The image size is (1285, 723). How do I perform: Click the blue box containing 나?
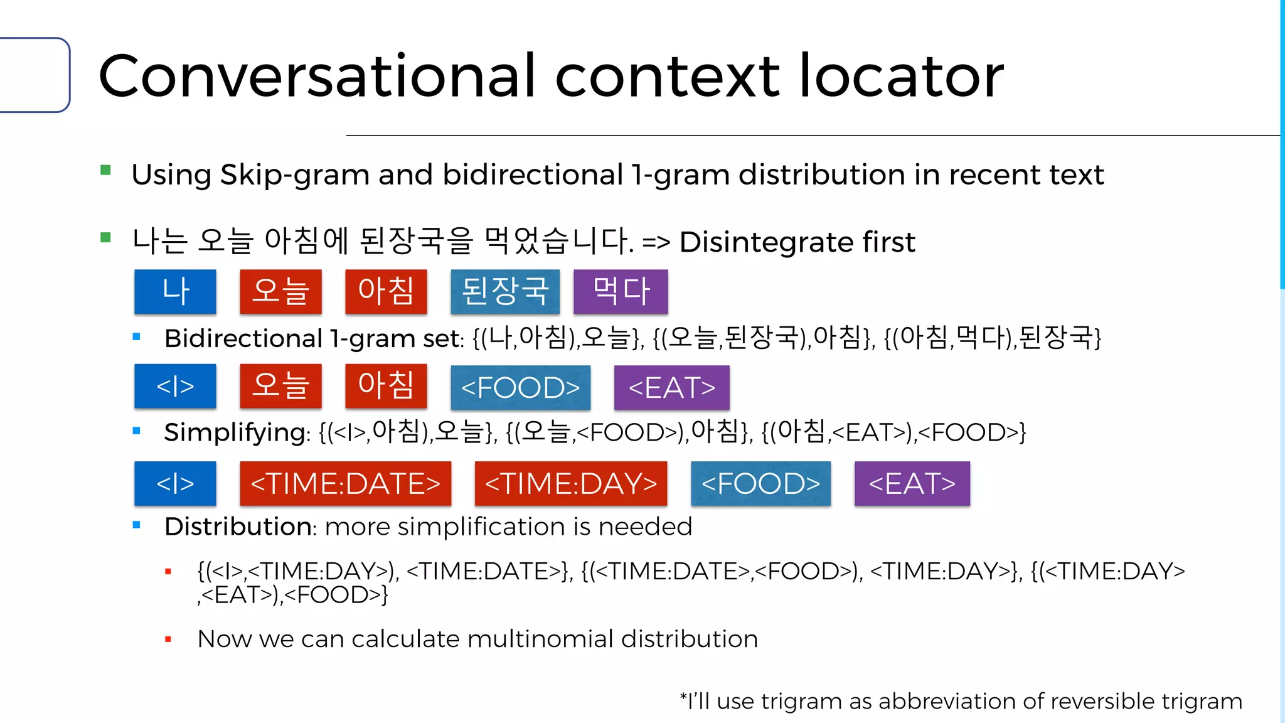coord(175,292)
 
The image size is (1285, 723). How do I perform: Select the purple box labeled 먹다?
coord(621,292)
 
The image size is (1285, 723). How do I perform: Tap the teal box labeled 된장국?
coord(505,292)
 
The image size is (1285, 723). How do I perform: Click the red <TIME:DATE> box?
coord(345,483)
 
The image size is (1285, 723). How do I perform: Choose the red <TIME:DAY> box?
coord(570,483)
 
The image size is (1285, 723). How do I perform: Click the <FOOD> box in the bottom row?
coord(760,483)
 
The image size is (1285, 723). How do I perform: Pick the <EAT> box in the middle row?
coord(671,387)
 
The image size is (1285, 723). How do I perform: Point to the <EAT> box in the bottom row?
coord(912,483)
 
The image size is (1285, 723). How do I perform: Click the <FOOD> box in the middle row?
coord(520,387)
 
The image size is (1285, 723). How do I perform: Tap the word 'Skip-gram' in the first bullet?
coord(295,175)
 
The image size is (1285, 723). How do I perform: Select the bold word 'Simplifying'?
coord(235,432)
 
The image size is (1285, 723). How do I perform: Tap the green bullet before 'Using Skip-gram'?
coord(105,170)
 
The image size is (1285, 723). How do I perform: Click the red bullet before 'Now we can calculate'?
coord(168,640)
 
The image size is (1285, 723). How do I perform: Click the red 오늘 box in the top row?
coord(280,292)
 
